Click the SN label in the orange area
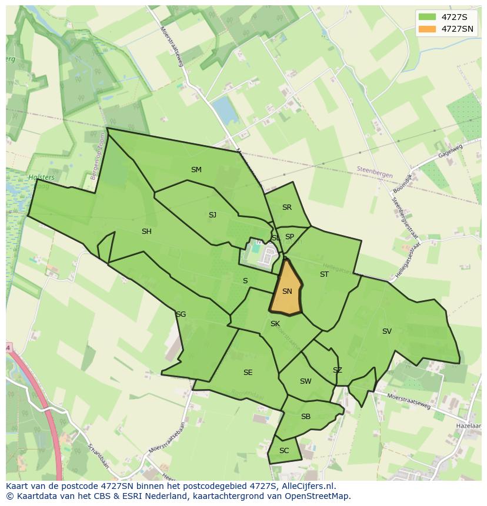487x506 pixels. click(x=287, y=291)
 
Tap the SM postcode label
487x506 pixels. click(x=196, y=170)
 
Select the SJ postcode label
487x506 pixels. click(x=212, y=215)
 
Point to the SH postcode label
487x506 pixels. click(x=146, y=232)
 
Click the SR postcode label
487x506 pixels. click(x=287, y=207)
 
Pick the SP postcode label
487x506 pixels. click(x=289, y=237)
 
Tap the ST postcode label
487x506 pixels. click(x=324, y=274)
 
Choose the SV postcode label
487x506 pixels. click(x=386, y=331)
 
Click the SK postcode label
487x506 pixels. click(x=275, y=324)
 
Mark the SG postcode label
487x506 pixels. click(x=181, y=314)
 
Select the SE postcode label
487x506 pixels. click(x=248, y=373)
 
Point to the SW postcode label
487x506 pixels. click(x=305, y=381)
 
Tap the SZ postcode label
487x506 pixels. click(x=337, y=370)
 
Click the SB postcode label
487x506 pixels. click(x=305, y=417)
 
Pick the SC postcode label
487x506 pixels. click(x=284, y=451)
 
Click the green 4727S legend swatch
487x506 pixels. click(x=428, y=17)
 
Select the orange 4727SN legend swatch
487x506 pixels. click(x=428, y=29)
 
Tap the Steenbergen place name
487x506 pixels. click(x=373, y=169)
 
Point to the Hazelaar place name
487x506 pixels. click(x=468, y=424)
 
